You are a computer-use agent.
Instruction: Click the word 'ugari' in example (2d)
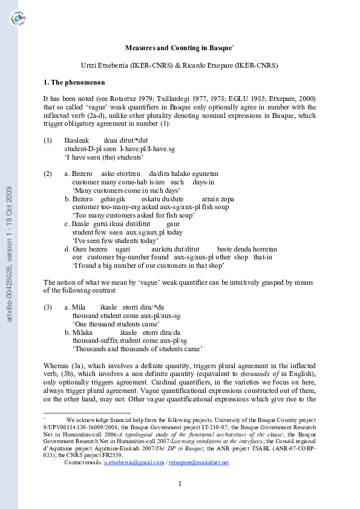tap(123, 249)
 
